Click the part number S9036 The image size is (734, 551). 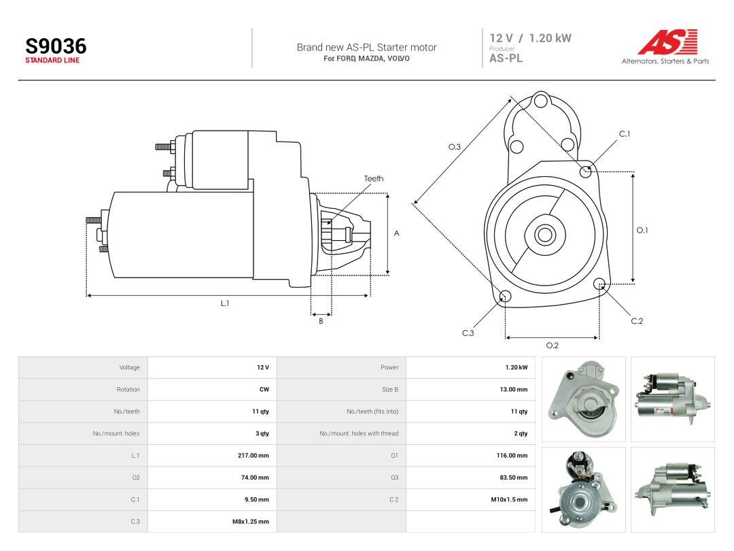coord(56,46)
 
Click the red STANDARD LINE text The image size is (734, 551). coord(52,61)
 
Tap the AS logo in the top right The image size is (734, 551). coord(667,41)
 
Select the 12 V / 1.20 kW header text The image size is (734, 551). coord(530,38)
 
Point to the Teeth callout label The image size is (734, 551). coord(374,178)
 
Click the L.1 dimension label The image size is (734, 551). coord(225,303)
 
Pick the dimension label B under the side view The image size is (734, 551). coord(321,321)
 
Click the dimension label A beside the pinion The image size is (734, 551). coord(396,233)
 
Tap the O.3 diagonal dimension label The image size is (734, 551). coord(455,147)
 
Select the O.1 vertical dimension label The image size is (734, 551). coord(642,230)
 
